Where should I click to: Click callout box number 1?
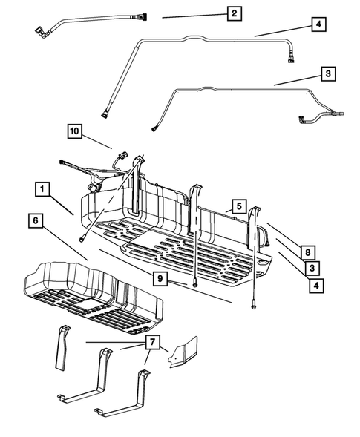click(x=42, y=189)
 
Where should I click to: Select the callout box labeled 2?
click(x=235, y=13)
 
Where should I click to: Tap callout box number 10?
click(x=75, y=131)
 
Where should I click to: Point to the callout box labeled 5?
click(x=239, y=206)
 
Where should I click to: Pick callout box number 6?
click(x=36, y=220)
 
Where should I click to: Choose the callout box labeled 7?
click(x=152, y=342)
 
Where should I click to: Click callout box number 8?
click(x=308, y=252)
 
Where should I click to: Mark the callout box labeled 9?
click(x=160, y=278)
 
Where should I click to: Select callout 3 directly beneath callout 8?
click(x=312, y=268)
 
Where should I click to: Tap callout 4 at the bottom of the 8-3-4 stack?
click(x=316, y=286)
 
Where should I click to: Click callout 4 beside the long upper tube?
click(x=318, y=24)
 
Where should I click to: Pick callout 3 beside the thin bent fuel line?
click(x=328, y=73)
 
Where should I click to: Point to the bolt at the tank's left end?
click(x=82, y=239)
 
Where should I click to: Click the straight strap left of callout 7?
click(x=62, y=348)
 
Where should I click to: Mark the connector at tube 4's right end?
click(x=291, y=59)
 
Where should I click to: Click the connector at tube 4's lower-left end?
click(x=105, y=114)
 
